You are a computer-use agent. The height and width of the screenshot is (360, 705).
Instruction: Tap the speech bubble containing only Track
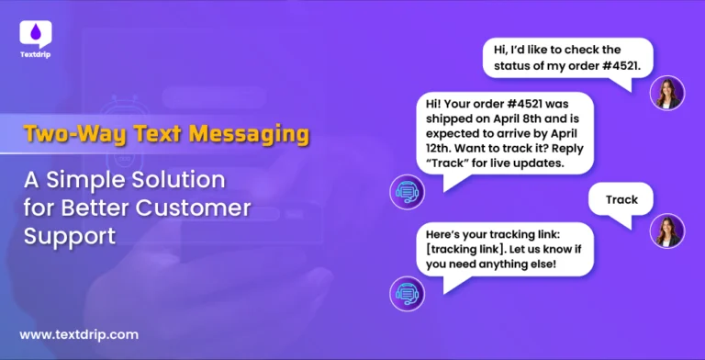tap(621, 198)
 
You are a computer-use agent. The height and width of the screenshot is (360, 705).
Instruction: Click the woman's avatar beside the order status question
tap(666, 93)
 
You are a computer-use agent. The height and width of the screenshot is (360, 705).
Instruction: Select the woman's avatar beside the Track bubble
tap(666, 231)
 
